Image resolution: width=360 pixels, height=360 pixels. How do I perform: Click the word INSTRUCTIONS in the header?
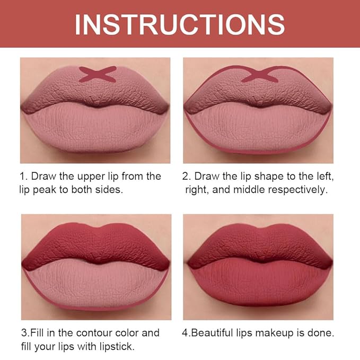(180, 24)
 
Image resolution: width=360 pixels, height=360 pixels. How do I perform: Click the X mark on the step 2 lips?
(260, 75)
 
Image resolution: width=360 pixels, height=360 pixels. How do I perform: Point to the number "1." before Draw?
(24, 176)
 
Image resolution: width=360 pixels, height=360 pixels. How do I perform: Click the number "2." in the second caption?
(187, 176)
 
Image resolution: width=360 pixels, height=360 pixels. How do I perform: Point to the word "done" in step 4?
(321, 333)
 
